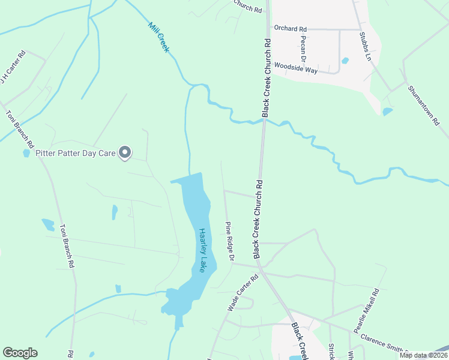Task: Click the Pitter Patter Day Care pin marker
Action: click(x=125, y=153)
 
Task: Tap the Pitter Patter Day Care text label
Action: click(x=75, y=153)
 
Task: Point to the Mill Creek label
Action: click(x=158, y=37)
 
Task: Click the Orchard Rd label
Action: click(x=290, y=28)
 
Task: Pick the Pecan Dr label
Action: click(x=304, y=47)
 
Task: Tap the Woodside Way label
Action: click(x=296, y=67)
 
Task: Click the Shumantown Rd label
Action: click(x=424, y=106)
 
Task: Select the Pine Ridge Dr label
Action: click(x=229, y=241)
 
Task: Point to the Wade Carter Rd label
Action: click(x=243, y=293)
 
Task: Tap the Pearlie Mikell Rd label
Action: click(x=367, y=311)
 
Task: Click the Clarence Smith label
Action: click(x=384, y=347)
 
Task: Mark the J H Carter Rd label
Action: click(x=13, y=67)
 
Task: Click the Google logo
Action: click(x=20, y=353)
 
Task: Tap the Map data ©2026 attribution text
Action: click(x=423, y=355)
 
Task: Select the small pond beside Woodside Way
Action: click(x=345, y=61)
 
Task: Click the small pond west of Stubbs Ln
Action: click(x=387, y=111)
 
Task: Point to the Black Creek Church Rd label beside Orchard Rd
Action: click(x=267, y=78)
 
